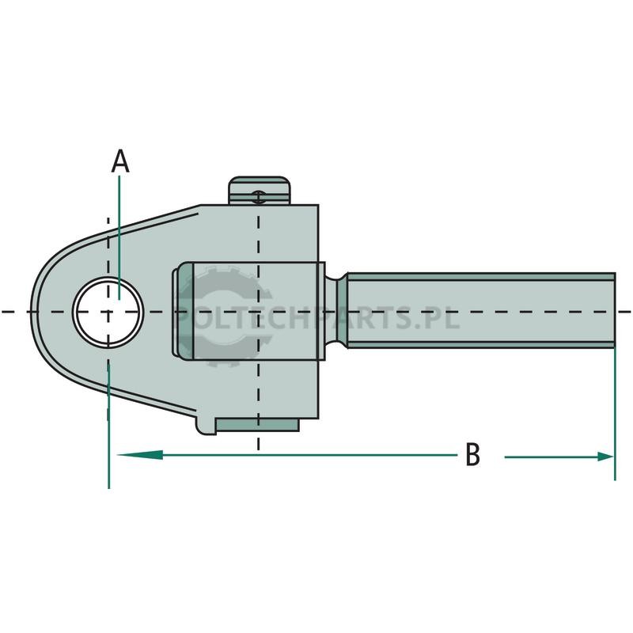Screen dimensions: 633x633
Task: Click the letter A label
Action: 120,161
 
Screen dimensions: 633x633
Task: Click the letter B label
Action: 472,454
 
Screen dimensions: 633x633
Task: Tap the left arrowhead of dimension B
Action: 139,454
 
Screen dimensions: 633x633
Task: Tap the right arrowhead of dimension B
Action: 605,457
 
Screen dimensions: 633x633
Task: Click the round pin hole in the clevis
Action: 108,312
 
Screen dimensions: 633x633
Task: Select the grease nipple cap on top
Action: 260,190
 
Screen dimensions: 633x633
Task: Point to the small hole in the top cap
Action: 259,197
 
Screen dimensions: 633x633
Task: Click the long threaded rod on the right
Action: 480,310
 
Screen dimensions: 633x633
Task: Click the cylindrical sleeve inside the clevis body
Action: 259,310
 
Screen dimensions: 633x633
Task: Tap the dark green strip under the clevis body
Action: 256,425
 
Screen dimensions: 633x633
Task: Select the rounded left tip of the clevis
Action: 36,312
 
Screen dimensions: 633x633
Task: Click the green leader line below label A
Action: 119,237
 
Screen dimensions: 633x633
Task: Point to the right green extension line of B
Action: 615,414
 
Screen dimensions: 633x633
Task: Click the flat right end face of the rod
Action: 615,310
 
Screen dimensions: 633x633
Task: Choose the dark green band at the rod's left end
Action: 342,310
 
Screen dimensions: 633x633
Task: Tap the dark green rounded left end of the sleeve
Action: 184,310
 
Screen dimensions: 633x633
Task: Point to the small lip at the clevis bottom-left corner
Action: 205,426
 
